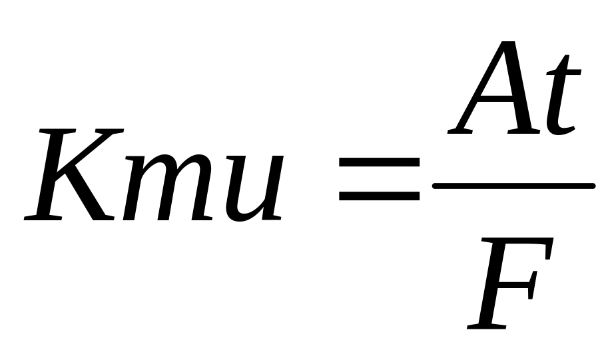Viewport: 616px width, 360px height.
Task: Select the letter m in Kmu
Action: [x=166, y=190]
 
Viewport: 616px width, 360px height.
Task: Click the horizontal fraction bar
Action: [x=512, y=184]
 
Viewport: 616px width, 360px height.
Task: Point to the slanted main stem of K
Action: [x=57, y=176]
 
